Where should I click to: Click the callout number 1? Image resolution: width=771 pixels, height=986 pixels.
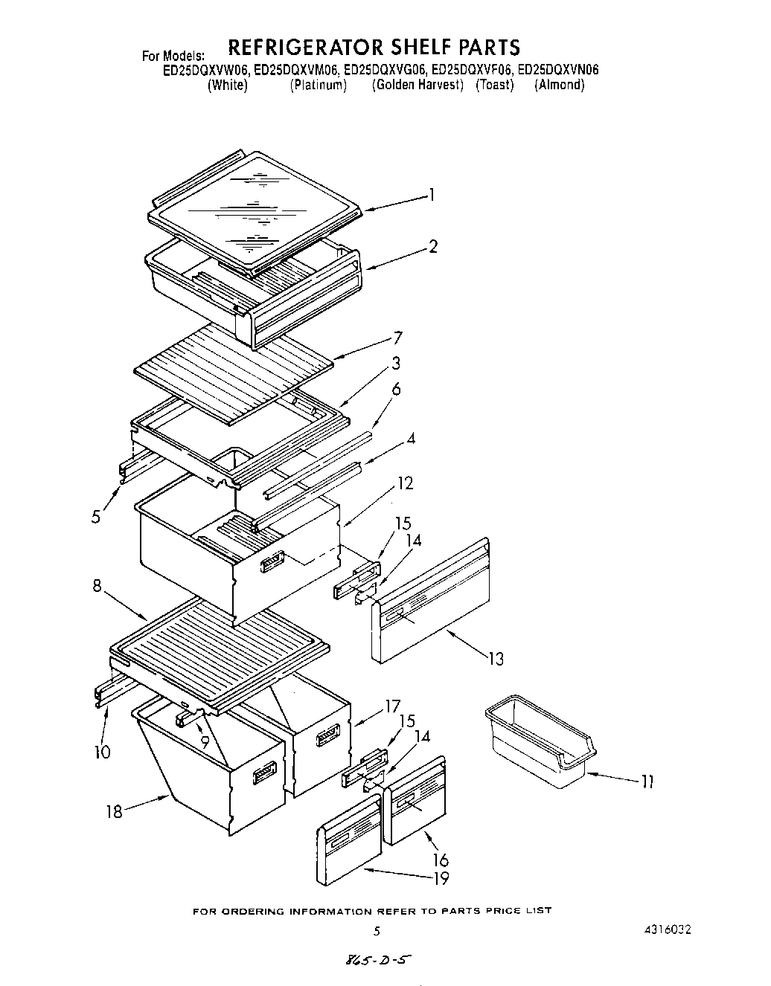[x=431, y=196]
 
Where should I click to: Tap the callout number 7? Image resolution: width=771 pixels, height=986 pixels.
[x=398, y=339]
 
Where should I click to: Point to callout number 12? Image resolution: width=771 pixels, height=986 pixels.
[x=405, y=483]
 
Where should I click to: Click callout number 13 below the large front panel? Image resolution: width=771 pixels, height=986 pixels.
[x=495, y=658]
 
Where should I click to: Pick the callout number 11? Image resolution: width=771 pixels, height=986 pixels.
[x=647, y=782]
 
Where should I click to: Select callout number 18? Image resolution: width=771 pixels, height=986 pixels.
[x=114, y=811]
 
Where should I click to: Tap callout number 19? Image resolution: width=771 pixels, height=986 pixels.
[x=441, y=879]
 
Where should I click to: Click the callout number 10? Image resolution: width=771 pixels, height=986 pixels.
[x=102, y=753]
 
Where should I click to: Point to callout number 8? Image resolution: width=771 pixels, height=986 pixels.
[x=97, y=586]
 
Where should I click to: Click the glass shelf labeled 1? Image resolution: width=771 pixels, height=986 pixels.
[x=253, y=212]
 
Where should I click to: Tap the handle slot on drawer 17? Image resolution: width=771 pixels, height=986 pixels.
[x=328, y=738]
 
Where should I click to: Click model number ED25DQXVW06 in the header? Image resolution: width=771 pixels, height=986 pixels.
[x=206, y=71]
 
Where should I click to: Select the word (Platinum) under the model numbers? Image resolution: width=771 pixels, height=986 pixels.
[x=318, y=85]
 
